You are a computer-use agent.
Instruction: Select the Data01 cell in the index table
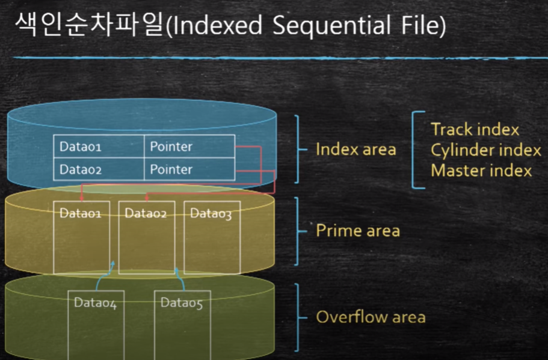click(99, 146)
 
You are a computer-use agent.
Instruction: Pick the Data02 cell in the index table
click(99, 169)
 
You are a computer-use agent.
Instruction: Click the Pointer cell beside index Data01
click(189, 146)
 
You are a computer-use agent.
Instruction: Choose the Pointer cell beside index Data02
click(189, 169)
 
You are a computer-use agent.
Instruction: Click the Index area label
click(356, 149)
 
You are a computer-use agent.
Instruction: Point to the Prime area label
click(358, 231)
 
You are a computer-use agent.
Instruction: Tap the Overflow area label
click(371, 317)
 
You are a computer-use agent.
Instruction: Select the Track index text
click(475, 129)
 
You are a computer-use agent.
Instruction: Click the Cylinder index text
click(485, 149)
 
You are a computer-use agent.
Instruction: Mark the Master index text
click(481, 170)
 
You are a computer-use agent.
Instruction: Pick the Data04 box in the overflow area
click(95, 325)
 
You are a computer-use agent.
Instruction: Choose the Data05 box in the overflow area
click(181, 325)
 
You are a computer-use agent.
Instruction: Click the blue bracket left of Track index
click(416, 149)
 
